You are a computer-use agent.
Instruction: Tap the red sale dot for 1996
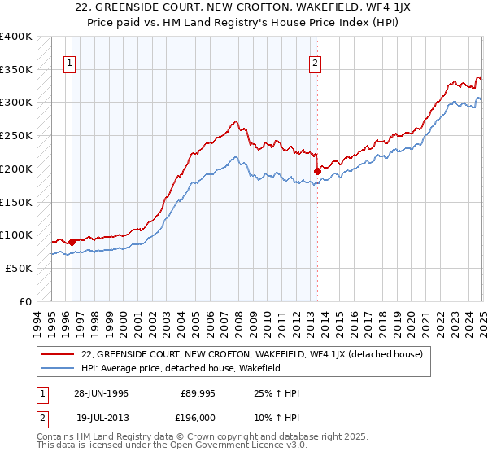pyautogui.click(x=72, y=242)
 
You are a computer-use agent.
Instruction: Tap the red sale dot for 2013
pyautogui.click(x=316, y=171)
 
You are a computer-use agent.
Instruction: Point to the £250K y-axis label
pyautogui.click(x=16, y=135)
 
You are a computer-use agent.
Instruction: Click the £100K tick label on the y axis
pyautogui.click(x=16, y=235)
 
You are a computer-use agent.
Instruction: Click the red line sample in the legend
pyautogui.click(x=59, y=354)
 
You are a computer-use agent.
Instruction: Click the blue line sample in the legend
pyautogui.click(x=59, y=368)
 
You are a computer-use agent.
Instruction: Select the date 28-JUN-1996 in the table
pyautogui.click(x=101, y=393)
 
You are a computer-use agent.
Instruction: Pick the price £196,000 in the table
pyautogui.click(x=199, y=418)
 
